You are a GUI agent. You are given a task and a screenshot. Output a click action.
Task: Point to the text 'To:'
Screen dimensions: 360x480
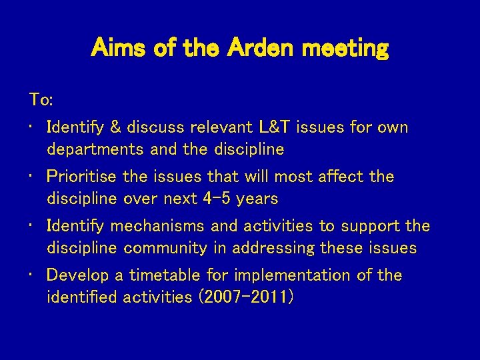[41, 100]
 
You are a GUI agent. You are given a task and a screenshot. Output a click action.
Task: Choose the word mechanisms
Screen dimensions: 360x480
[158, 226]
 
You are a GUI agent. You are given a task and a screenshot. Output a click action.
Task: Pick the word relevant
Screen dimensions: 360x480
[221, 127]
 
